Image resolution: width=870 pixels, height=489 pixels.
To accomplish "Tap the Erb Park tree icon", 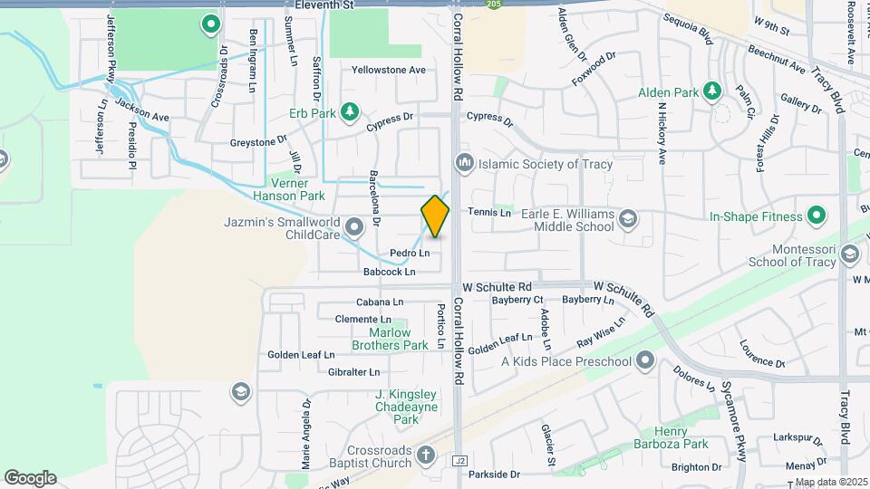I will pyautogui.click(x=349, y=112).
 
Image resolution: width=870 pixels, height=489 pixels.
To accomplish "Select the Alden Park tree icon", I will pyautogui.click(x=713, y=91).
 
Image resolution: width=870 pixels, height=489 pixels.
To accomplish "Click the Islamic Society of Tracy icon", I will pyautogui.click(x=465, y=164).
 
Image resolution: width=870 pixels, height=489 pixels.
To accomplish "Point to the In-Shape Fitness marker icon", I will pyautogui.click(x=817, y=216).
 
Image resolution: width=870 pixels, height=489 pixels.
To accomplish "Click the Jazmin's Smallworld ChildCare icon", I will pyautogui.click(x=354, y=226).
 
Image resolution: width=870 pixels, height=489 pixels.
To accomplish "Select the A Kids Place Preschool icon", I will pyautogui.click(x=644, y=361).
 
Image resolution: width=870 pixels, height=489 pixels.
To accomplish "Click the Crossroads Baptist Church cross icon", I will pyautogui.click(x=427, y=456).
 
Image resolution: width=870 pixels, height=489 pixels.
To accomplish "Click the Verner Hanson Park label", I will pyautogui.click(x=288, y=189).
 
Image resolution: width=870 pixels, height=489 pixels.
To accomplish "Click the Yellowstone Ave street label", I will pyautogui.click(x=388, y=70).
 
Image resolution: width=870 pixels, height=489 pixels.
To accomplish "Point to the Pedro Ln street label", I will pyautogui.click(x=410, y=253).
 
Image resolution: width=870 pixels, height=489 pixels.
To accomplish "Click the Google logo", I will pyautogui.click(x=30, y=477).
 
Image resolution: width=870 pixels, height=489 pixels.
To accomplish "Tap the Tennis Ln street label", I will pyautogui.click(x=489, y=212).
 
